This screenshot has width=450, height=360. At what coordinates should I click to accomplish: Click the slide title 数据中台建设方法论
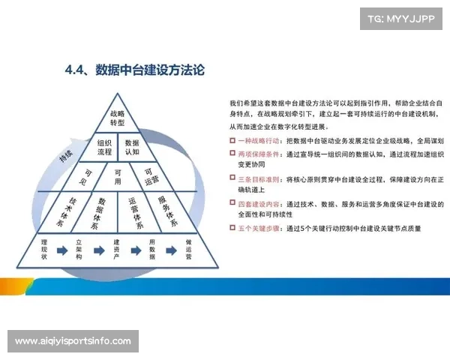tap(135, 71)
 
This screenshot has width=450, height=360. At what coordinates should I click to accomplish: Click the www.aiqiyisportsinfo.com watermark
tap(73, 341)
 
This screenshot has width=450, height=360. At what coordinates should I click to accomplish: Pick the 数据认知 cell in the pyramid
tap(131, 147)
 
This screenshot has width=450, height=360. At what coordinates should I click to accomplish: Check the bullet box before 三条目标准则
tap(232, 179)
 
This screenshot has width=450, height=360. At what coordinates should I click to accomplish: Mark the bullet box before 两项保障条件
tap(232, 154)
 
